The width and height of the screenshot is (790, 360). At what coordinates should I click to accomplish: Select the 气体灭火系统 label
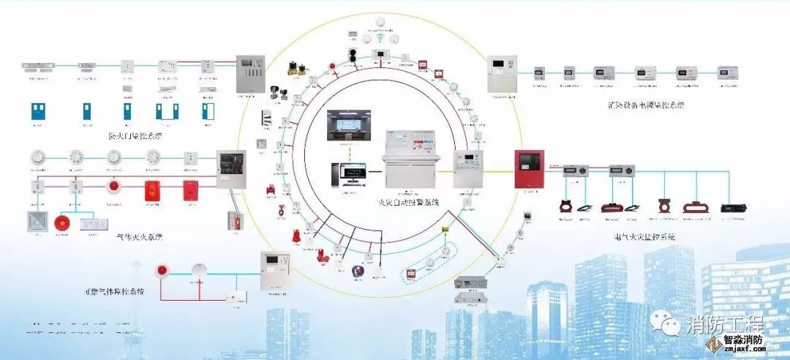139,236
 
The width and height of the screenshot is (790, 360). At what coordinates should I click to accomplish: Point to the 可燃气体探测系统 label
113,291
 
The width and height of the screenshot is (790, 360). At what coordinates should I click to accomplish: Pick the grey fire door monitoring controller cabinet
249,74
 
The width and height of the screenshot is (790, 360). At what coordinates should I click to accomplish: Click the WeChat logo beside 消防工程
669,323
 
